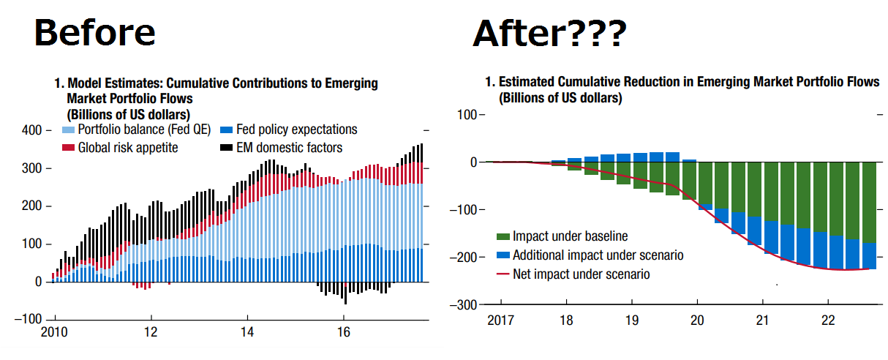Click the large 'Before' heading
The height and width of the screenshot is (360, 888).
(x=96, y=33)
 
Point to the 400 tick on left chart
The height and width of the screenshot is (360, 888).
(x=31, y=130)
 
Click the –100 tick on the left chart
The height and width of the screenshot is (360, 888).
(x=29, y=320)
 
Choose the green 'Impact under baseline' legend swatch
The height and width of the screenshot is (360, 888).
(x=503, y=236)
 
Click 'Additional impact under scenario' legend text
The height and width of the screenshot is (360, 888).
(x=598, y=255)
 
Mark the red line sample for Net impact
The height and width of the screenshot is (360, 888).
(x=503, y=274)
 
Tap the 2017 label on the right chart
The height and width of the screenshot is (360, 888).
(x=501, y=320)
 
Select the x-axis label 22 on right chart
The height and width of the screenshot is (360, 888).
(x=828, y=320)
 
